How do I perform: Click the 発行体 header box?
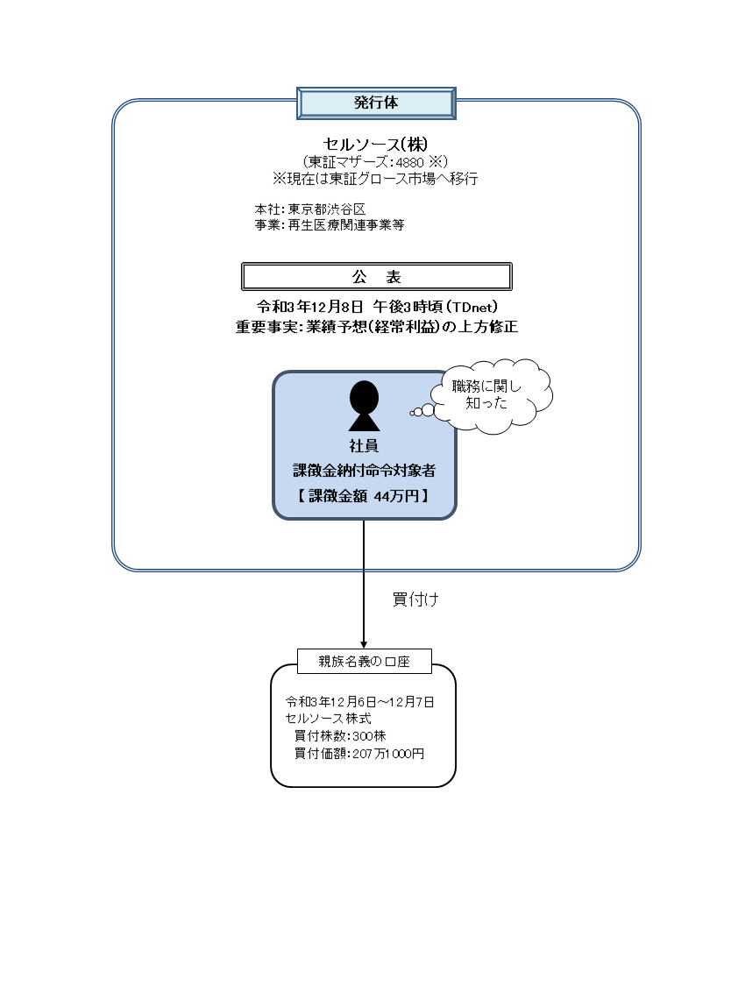pos(376,103)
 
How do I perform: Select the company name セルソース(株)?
pos(375,144)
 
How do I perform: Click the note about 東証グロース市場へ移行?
pos(375,178)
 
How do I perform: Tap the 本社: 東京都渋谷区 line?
pos(309,209)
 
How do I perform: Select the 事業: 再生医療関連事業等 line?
pos(329,224)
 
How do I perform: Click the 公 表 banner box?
pos(376,276)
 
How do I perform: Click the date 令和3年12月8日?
pos(309,307)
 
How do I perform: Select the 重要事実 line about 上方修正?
pos(376,327)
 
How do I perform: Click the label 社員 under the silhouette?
pos(363,446)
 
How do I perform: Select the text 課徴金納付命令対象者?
pos(363,471)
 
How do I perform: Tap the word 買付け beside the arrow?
pos(415,599)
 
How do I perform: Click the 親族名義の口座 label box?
pos(364,662)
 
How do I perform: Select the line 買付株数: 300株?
pos(340,735)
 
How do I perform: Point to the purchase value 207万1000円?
pos(387,753)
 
